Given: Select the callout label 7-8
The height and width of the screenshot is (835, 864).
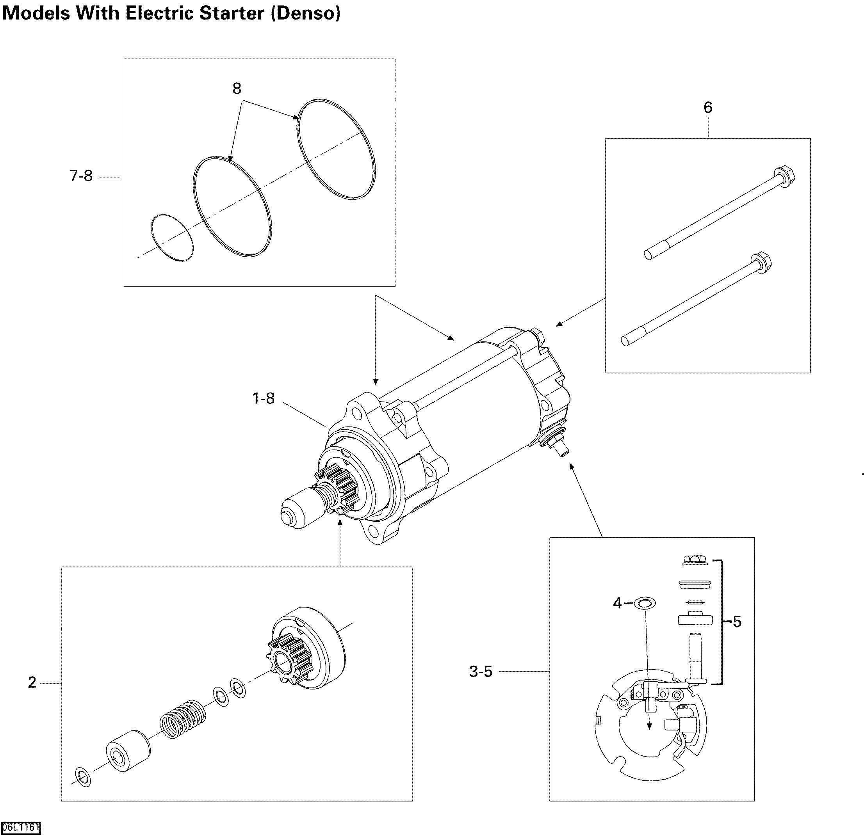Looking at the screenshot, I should (x=81, y=176).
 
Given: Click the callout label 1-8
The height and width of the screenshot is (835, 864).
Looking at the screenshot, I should (x=263, y=398).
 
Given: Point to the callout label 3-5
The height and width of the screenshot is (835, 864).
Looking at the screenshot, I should (x=481, y=672).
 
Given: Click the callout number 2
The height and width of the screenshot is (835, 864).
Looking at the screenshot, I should (x=32, y=682).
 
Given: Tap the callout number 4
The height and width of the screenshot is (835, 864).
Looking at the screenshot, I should (x=617, y=603).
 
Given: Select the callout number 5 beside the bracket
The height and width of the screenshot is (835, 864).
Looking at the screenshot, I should (x=737, y=622).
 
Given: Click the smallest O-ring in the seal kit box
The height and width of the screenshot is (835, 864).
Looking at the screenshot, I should (x=172, y=238).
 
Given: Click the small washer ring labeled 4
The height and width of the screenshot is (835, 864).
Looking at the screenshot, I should (x=645, y=602).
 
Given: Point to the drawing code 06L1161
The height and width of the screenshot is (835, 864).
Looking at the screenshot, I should (x=21, y=827).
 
